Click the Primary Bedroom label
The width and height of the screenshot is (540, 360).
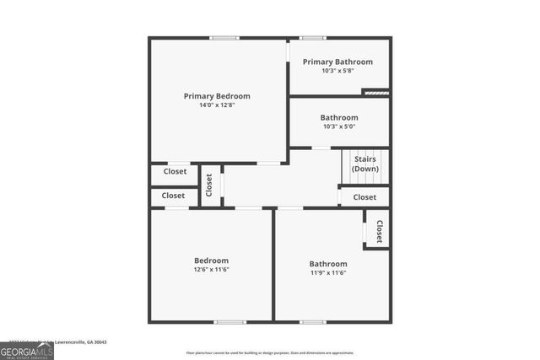click(217, 96)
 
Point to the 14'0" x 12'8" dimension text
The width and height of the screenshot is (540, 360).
click(217, 106)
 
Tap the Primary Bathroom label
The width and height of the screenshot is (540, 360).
click(337, 62)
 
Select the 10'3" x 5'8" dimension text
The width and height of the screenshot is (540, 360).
click(338, 71)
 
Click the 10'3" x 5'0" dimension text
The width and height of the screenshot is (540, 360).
click(338, 126)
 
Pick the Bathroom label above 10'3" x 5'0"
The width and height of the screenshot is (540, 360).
click(338, 117)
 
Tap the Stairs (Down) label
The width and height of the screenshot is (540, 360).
click(364, 164)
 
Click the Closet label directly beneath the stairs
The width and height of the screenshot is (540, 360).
click(364, 197)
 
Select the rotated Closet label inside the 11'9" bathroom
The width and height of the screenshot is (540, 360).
click(380, 232)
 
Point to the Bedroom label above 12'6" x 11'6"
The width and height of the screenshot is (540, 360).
click(211, 261)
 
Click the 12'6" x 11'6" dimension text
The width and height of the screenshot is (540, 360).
click(211, 270)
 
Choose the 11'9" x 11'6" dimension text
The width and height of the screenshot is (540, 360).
click(327, 273)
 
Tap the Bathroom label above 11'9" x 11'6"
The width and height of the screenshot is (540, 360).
click(327, 264)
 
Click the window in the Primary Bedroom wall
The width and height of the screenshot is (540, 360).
click(224, 38)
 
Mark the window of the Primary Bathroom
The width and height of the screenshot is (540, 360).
click(312, 38)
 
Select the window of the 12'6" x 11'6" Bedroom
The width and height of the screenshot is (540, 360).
click(229, 321)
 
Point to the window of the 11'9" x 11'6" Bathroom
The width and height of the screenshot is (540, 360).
click(312, 321)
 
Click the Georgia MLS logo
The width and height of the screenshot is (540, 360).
click(27, 351)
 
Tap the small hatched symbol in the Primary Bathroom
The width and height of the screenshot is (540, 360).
click(375, 92)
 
